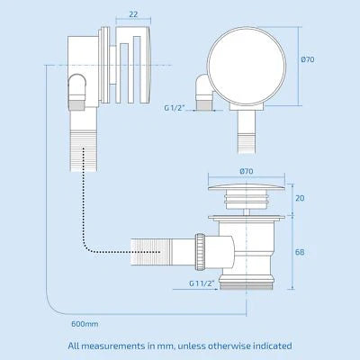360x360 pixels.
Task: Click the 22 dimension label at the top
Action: (133, 14)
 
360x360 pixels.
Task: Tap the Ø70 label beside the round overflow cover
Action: (308, 59)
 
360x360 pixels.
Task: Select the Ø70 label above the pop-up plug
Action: (247, 171)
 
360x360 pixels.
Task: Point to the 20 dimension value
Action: (300, 198)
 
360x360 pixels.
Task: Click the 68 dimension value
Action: (300, 252)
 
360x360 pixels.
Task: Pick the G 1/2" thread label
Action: (174, 108)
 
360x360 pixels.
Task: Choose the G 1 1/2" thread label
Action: (202, 283)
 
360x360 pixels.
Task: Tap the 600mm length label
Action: (85, 324)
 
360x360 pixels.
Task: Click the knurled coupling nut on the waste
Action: (200, 251)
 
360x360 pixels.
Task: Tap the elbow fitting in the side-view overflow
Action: (76, 90)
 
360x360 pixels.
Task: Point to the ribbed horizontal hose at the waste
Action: (151, 251)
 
